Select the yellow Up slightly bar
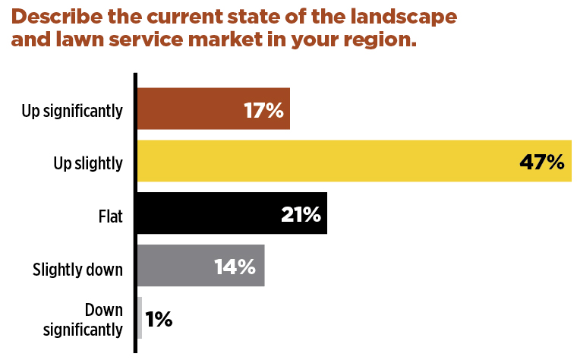pos(319,162)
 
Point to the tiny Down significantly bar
pos(140,317)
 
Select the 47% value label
pos(542,162)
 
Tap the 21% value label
pos(301,214)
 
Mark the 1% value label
pos(159,319)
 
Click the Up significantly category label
pos(72,111)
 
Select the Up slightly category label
pos(88,163)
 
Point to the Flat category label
pos(110,215)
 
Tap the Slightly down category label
pos(77,267)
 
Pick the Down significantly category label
pos(84,320)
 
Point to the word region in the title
pos(377,39)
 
